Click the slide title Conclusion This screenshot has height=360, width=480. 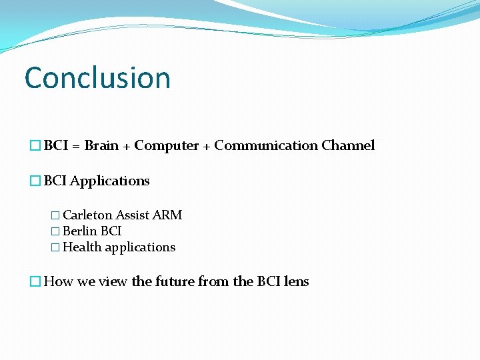(97, 77)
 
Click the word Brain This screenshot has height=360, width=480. (102, 145)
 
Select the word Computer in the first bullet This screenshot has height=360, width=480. (167, 145)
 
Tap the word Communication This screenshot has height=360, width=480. (266, 145)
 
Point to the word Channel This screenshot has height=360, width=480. (348, 145)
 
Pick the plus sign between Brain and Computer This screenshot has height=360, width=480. (126, 146)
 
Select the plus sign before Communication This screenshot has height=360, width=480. (207, 146)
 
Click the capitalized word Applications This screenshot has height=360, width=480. (109, 181)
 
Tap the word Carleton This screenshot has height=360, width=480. (87, 215)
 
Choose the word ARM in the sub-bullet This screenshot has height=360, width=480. (167, 215)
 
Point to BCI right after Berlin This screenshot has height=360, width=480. (111, 231)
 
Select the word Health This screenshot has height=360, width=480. (82, 247)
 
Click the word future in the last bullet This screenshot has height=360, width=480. (175, 281)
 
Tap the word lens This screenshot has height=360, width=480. (296, 281)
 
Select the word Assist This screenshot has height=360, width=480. (132, 215)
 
